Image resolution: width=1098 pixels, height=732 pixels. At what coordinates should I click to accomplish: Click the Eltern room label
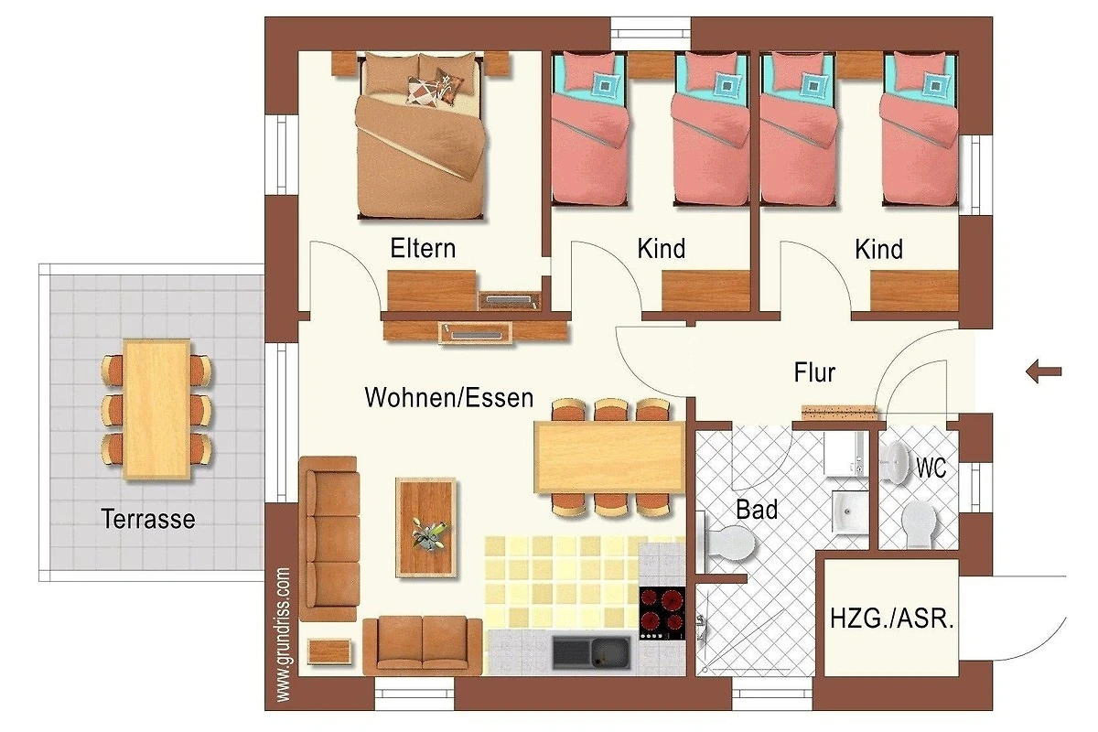pos(423,248)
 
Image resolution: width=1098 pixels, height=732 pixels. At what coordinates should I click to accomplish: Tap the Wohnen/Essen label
pos(449,397)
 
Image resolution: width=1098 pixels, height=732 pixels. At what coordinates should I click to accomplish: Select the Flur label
pos(814,372)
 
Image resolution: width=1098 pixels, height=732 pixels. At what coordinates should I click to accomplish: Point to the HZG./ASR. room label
pos(892,619)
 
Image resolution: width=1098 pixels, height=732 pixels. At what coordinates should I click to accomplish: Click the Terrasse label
pos(148,519)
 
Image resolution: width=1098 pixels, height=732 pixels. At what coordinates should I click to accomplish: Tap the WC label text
pos(931,468)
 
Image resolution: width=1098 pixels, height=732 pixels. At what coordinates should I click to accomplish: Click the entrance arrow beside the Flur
pos(1044,371)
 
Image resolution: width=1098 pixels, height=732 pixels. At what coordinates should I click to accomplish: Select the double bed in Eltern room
pos(422,135)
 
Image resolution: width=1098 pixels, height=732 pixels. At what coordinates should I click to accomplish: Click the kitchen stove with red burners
pos(662,613)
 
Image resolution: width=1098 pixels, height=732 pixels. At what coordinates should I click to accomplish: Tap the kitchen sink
pos(592,652)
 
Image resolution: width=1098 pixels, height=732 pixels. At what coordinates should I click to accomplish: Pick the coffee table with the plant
pos(425,527)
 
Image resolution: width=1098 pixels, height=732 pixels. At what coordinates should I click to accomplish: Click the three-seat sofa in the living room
pos(328,539)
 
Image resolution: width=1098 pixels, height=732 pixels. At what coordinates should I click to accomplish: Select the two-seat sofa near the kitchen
pos(422,645)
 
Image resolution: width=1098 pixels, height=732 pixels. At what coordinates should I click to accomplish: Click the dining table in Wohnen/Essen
pos(609,457)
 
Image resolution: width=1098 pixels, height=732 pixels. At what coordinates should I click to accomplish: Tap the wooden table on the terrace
pos(156,409)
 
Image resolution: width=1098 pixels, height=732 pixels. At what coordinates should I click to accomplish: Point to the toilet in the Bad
pos(727,543)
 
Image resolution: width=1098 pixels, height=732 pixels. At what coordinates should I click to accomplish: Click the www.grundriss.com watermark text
pos(284,635)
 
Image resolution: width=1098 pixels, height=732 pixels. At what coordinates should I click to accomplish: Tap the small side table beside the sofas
pos(330,651)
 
